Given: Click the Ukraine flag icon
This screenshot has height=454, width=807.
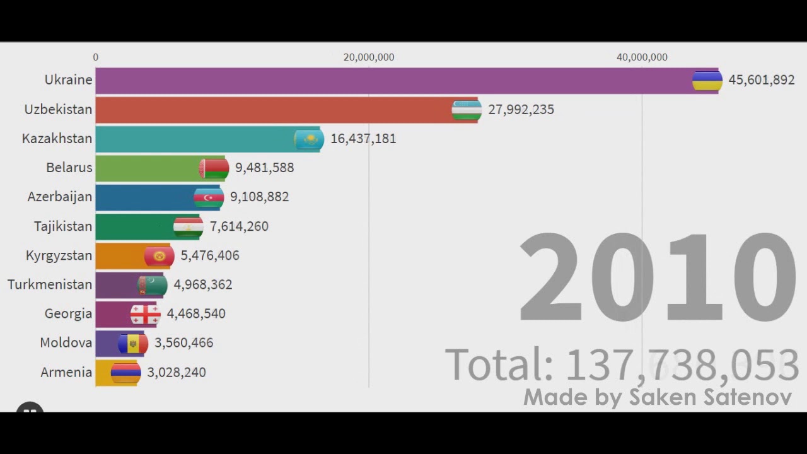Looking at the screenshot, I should [x=707, y=81].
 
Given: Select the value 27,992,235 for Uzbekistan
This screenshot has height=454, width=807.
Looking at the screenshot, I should [x=521, y=110].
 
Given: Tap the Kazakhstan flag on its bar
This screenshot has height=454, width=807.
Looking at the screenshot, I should [x=309, y=139].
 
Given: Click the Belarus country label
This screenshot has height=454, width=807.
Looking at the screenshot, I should [x=69, y=168].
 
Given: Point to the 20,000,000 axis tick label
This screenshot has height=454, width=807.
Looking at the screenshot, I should [x=369, y=57].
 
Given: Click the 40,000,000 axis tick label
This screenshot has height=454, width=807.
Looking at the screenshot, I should [x=642, y=57].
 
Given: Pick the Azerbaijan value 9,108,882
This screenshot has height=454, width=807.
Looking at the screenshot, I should [x=259, y=197].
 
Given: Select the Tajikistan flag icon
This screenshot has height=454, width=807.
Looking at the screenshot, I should [x=188, y=226].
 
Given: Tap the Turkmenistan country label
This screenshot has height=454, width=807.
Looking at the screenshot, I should [x=50, y=284].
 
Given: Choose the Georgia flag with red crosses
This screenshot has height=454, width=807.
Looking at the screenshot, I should [x=145, y=314].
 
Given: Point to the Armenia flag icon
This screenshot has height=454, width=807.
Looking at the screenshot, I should [x=125, y=373].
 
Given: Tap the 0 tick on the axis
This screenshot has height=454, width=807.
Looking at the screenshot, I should [x=96, y=57].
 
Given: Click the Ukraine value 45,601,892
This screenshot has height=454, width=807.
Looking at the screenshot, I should [x=762, y=81].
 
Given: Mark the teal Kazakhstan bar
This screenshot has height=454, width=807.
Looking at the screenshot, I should [x=195, y=139].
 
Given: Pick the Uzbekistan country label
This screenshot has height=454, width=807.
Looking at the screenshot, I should [x=58, y=110].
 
